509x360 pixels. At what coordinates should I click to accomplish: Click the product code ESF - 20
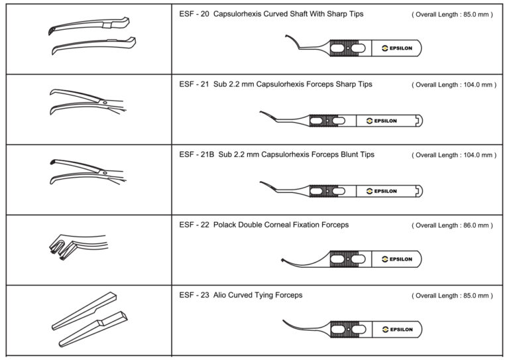pos(194,14)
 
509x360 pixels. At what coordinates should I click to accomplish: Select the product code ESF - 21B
pos(196,154)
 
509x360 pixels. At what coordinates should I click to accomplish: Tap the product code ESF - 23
pos(194,295)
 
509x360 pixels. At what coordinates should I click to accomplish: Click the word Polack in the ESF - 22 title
pos(225,225)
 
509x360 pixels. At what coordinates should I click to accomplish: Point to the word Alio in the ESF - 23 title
pos(221,295)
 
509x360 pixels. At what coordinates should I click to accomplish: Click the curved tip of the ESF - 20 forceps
pos(289,40)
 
